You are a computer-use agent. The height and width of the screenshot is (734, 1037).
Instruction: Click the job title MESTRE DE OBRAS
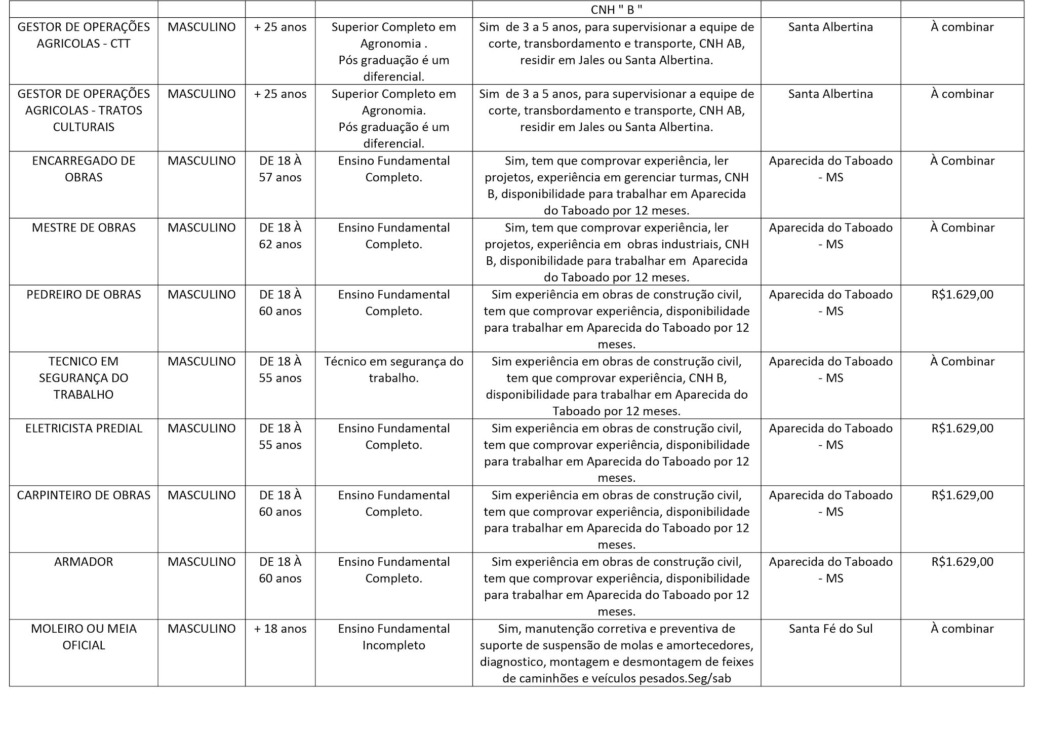point(84,228)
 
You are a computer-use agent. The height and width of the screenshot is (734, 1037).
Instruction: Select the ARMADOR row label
point(84,562)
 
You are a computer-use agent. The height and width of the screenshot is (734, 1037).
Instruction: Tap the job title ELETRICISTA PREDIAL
point(84,429)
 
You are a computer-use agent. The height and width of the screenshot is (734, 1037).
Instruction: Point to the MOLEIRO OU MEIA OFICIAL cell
point(84,637)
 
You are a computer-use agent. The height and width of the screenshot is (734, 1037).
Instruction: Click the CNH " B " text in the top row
point(616,10)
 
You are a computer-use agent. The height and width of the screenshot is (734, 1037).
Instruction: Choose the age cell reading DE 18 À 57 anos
point(280,169)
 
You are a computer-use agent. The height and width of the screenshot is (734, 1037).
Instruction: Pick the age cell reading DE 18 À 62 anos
point(280,236)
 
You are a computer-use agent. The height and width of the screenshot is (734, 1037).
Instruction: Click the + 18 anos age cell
point(280,629)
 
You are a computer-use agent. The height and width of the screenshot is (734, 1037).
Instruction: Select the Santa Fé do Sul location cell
point(830,629)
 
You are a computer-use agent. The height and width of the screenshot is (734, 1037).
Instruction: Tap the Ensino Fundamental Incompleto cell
point(393,637)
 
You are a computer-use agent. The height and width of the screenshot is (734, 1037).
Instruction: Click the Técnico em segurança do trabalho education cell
point(393,370)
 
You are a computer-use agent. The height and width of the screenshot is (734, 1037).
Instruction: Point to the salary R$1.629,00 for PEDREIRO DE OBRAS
point(962,295)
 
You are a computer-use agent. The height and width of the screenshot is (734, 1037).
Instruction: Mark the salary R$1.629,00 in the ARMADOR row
point(962,562)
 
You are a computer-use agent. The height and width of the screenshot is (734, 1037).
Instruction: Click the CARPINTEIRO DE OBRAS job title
point(84,495)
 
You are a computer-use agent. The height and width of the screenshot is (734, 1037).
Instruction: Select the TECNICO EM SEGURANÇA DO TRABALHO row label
point(84,378)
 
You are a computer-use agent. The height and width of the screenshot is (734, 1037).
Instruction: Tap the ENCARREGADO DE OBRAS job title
point(84,169)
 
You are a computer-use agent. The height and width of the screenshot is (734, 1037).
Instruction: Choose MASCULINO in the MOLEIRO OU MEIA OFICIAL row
point(202,629)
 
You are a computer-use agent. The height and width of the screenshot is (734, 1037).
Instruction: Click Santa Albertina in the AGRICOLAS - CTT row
point(830,27)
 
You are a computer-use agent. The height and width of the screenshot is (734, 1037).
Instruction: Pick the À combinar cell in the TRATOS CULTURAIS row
point(962,94)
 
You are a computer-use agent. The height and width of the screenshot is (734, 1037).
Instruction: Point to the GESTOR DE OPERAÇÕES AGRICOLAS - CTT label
point(84,35)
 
